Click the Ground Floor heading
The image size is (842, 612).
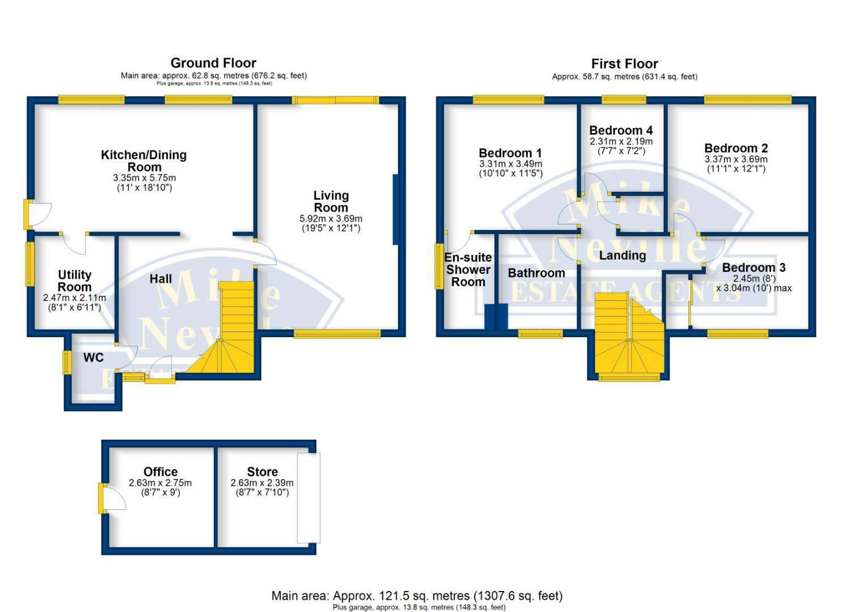[x=213, y=63]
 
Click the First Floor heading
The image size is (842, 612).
[x=624, y=63]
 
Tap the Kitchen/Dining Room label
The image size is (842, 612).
[x=143, y=161]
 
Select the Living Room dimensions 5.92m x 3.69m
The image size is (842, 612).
[x=331, y=219]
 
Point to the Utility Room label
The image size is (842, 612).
[x=74, y=280]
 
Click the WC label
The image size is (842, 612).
[x=94, y=358]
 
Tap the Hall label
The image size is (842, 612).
[x=160, y=279]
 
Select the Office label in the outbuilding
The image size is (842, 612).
[x=160, y=472]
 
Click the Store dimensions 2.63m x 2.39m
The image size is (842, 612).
[x=262, y=483]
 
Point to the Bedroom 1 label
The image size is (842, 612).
[x=510, y=153]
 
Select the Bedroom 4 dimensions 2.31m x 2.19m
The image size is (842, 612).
[x=621, y=142]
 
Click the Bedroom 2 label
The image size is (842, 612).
[x=736, y=148]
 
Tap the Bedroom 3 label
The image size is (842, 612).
[x=754, y=267]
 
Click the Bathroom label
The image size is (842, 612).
[x=536, y=273]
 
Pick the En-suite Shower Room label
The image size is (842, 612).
[x=468, y=270]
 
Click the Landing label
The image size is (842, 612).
[x=623, y=256]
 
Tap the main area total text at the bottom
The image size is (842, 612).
[x=417, y=596]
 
